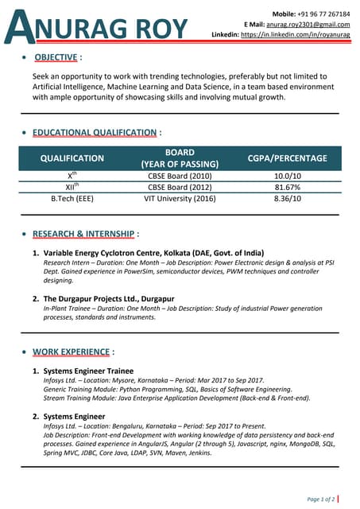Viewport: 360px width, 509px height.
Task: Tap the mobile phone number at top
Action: [321, 14]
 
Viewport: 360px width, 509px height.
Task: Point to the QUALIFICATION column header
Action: [72, 158]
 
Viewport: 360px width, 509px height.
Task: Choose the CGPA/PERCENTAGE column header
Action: [287, 158]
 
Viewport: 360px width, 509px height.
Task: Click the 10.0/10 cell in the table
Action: [287, 176]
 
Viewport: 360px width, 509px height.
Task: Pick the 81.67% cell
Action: [287, 187]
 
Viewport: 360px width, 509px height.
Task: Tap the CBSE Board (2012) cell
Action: [180, 187]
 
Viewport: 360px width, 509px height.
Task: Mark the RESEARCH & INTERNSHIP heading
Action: [85, 234]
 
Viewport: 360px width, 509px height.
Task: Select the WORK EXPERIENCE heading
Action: [72, 351]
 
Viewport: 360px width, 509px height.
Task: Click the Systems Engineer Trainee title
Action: [88, 371]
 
